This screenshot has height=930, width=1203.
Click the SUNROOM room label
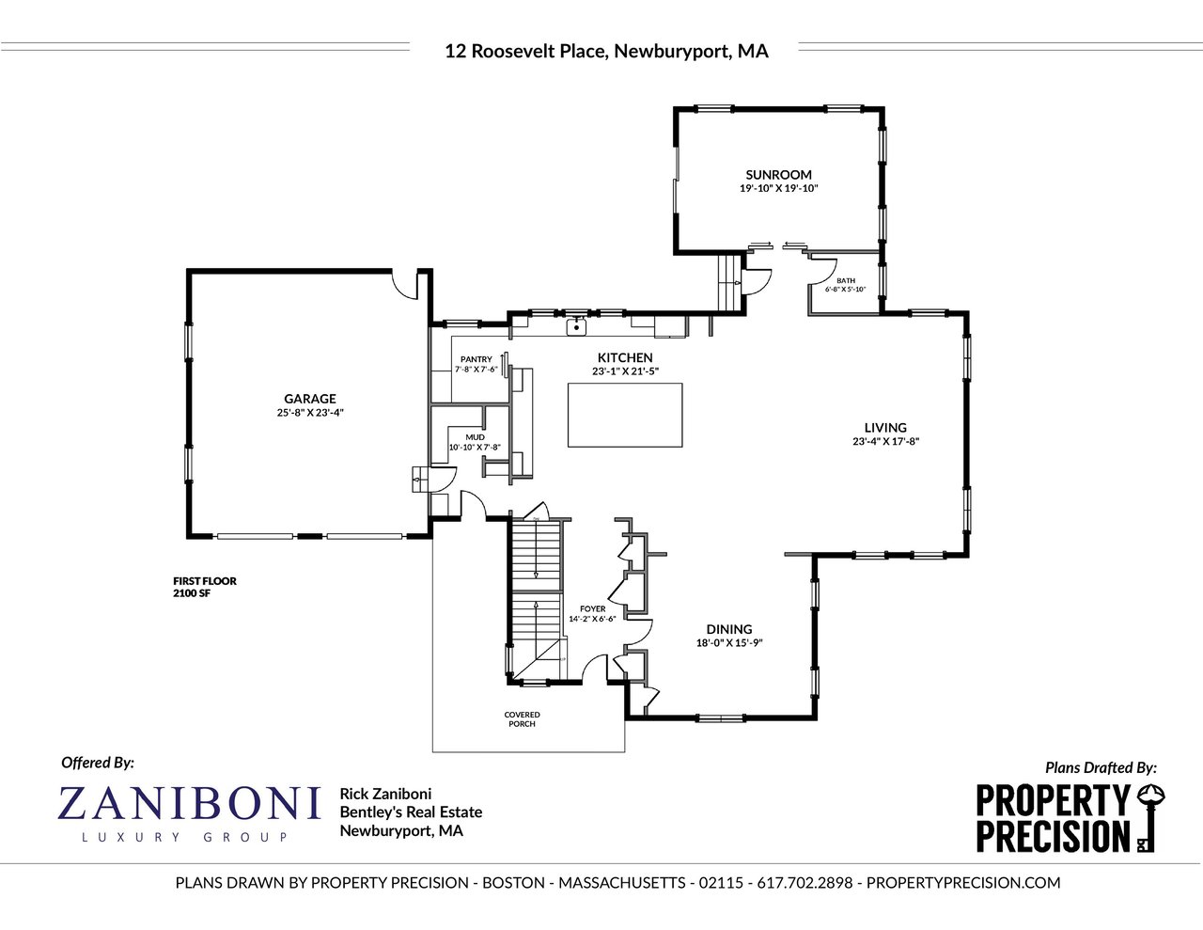coord(778,175)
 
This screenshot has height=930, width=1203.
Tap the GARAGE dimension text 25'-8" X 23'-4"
coord(310,412)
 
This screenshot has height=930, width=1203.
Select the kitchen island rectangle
coord(625,415)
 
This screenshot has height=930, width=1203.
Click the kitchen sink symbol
coord(576,327)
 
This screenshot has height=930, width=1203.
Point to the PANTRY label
coord(477,359)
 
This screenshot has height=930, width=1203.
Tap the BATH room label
coord(846,281)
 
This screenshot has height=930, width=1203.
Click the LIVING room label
coord(885,428)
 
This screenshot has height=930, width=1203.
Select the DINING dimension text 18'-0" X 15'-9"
coord(729,642)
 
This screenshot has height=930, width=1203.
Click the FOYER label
coord(592,608)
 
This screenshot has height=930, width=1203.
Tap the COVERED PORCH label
coord(522,719)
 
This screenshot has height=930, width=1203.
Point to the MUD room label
coord(475,437)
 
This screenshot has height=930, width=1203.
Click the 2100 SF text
coord(192,593)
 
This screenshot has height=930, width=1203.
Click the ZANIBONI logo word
coord(189,803)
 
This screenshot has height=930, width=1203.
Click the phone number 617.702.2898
coord(805,882)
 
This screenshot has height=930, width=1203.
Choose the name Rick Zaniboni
coord(385,794)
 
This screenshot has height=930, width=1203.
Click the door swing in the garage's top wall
coord(404,284)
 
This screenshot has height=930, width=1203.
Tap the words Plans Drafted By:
coord(1101,767)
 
